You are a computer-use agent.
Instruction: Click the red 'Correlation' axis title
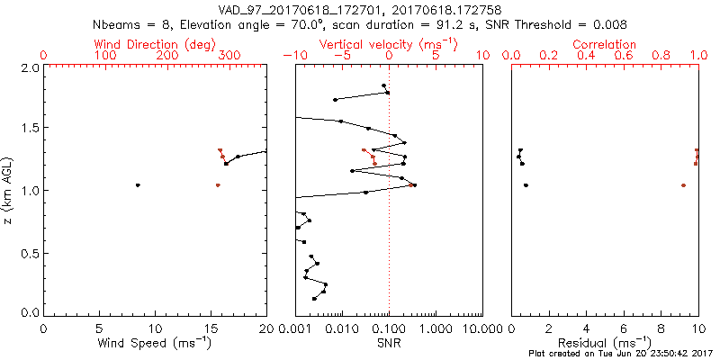tap(605, 44)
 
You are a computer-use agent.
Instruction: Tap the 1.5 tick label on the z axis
tap(31, 129)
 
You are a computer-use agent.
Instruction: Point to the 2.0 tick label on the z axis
tap(31, 67)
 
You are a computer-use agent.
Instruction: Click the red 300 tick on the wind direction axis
tap(229, 56)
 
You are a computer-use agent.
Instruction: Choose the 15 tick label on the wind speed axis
tap(211, 328)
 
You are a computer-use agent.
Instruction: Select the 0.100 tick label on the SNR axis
tap(389, 328)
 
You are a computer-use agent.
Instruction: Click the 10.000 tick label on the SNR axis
tap(479, 328)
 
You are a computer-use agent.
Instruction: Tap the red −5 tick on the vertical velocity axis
tap(341, 56)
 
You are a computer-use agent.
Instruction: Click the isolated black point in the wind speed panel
tap(138, 185)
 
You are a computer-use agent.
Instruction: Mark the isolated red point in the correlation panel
tap(683, 185)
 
